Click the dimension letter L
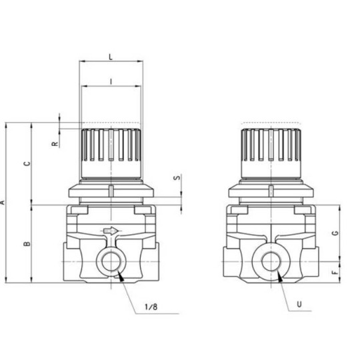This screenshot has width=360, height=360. pos(111,58)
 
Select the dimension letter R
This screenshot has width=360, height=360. pos(55,142)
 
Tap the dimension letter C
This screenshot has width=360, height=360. pos(27,163)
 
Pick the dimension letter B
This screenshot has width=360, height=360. pos(27,244)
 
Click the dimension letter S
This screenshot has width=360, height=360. pos(176,179)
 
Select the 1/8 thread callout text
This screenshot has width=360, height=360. pos(151,307)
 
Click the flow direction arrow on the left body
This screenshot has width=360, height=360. pos(111,231)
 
